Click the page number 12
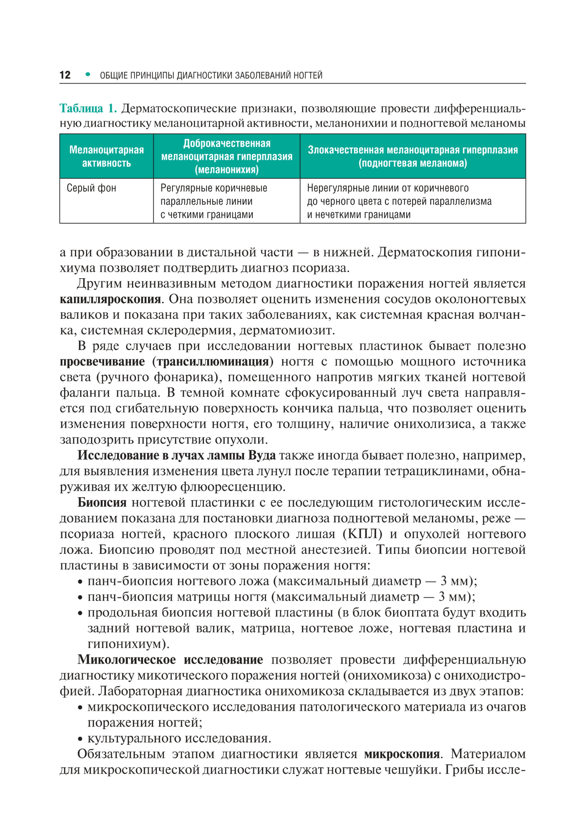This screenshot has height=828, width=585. (65, 75)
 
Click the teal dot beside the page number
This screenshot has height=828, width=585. (87, 75)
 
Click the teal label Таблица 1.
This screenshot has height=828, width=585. (88, 108)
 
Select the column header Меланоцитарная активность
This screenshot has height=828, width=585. (107, 156)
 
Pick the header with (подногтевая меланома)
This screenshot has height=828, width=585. (412, 163)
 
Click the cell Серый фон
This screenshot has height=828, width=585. (91, 188)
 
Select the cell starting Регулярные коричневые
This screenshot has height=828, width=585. (213, 201)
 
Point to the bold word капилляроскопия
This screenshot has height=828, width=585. (110, 299)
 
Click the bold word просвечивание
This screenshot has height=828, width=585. (102, 361)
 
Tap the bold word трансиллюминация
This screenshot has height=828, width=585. (213, 361)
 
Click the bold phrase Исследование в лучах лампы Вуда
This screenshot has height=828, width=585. (177, 455)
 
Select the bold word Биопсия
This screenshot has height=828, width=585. (102, 503)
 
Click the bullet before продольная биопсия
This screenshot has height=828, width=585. (80, 614)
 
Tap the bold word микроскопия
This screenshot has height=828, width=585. (401, 754)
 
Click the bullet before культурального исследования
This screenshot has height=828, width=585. (80, 739)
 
